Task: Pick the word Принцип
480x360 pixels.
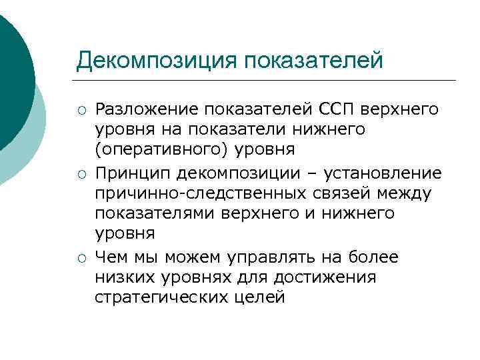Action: pos(133,174)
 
